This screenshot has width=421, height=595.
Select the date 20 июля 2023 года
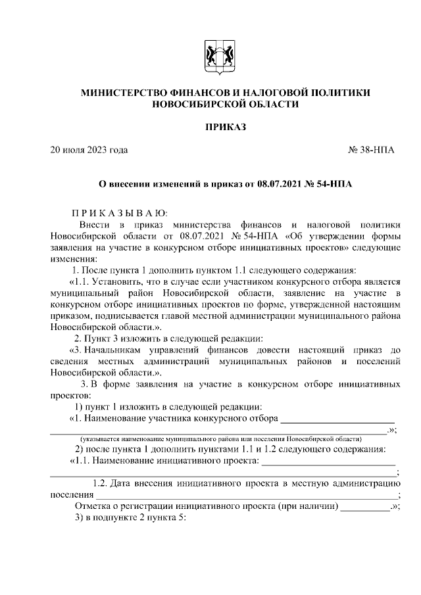(x=89, y=151)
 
